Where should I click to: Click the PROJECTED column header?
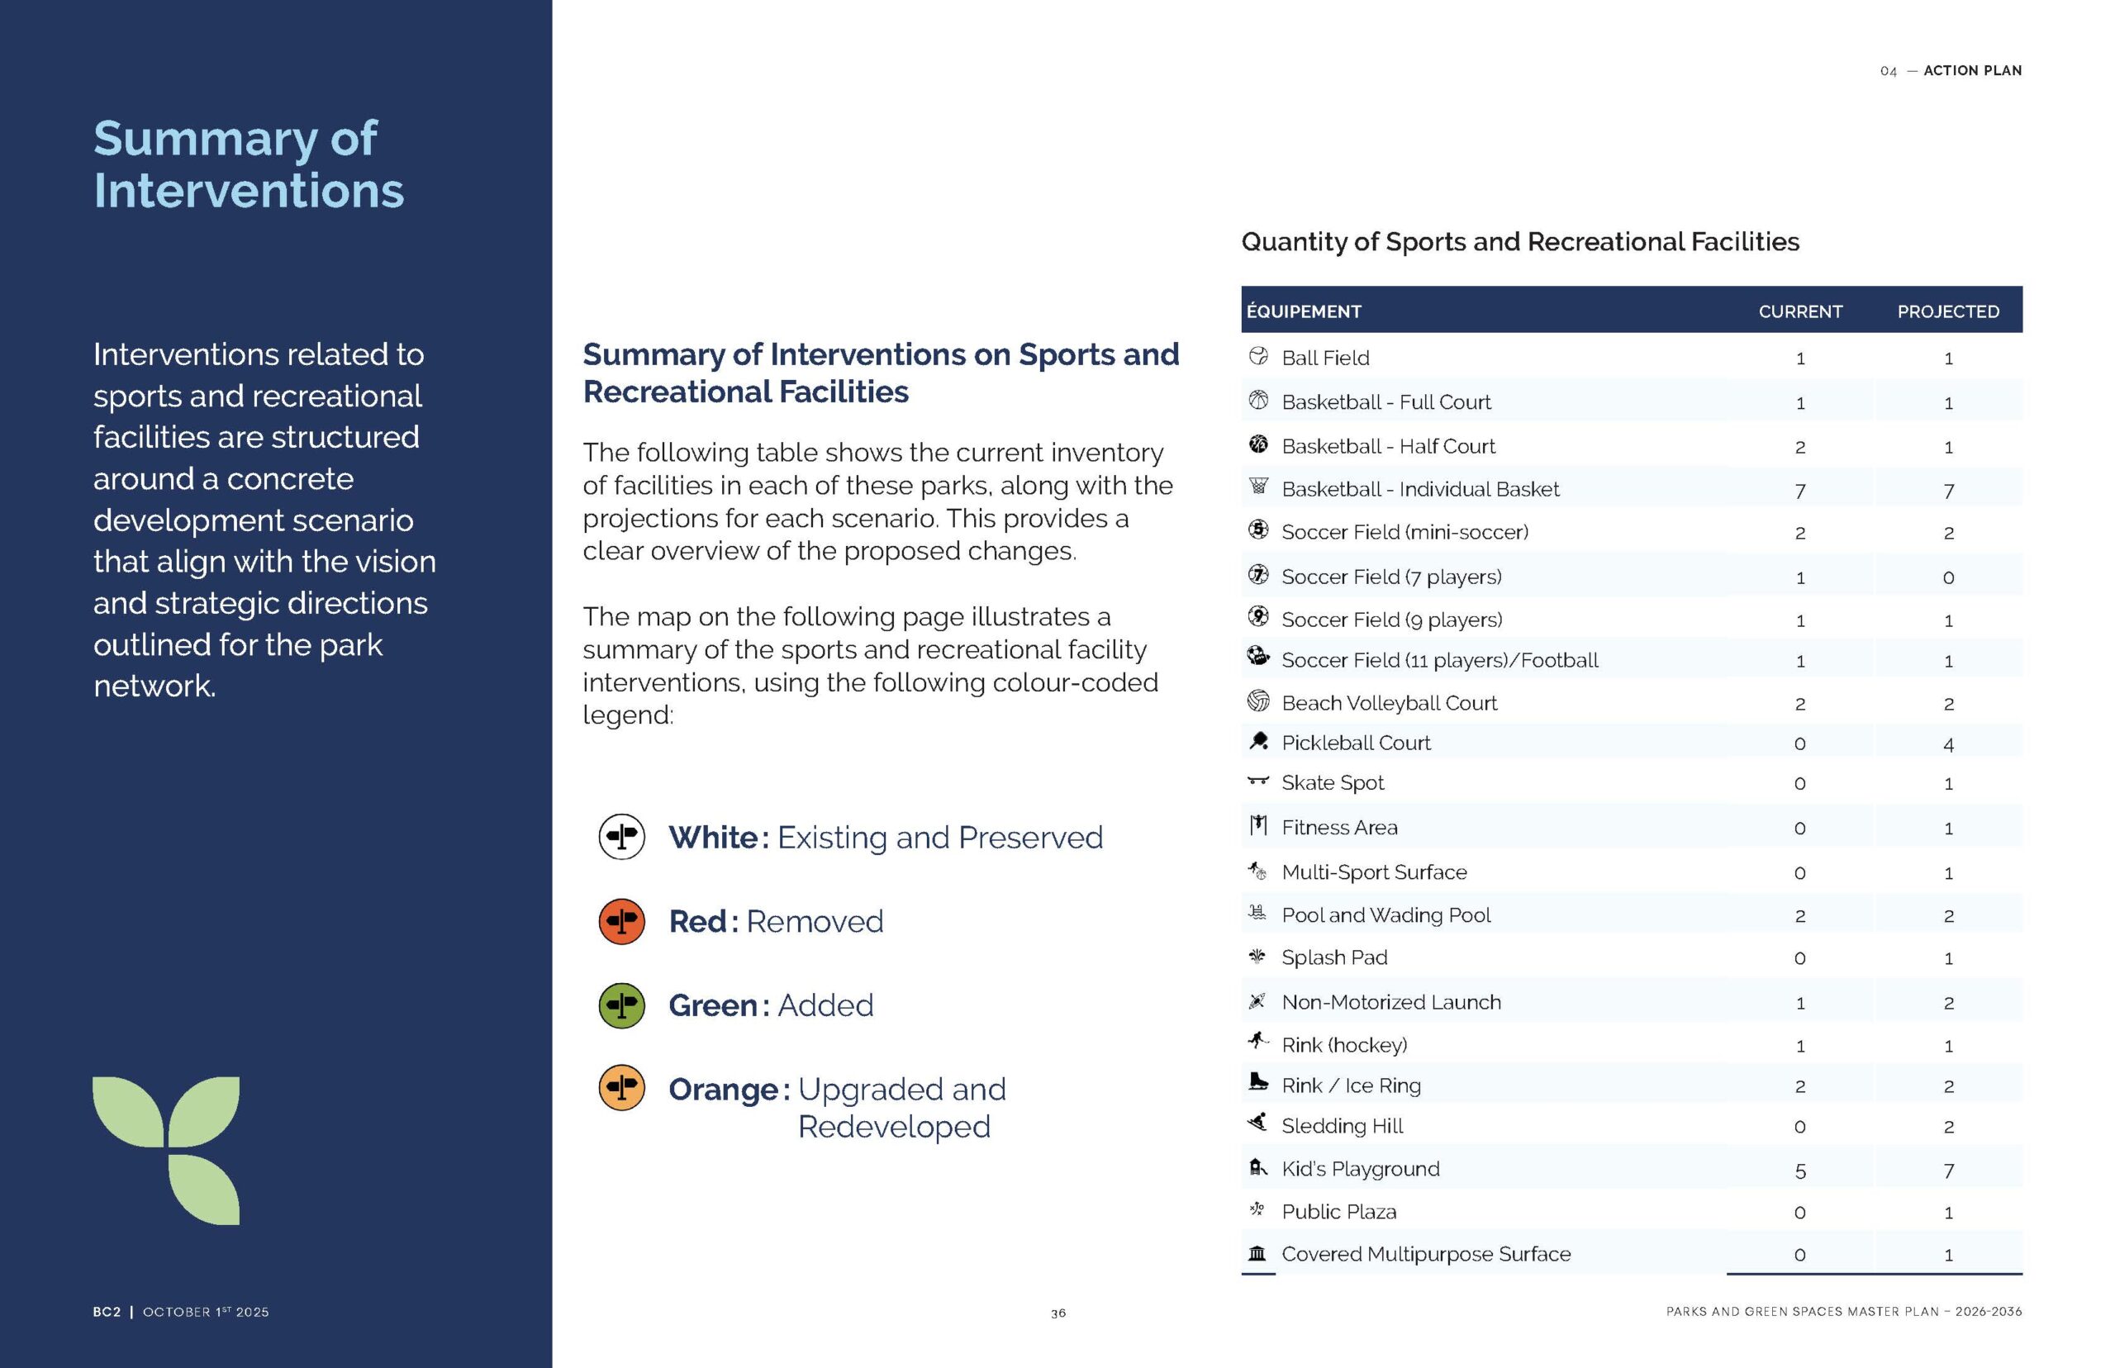coord(1947,311)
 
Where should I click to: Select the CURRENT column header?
coord(1799,311)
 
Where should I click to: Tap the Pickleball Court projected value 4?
coord(1948,744)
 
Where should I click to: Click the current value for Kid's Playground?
coord(1799,1171)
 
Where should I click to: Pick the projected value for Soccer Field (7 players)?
coord(1948,578)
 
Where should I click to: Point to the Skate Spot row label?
coord(1332,782)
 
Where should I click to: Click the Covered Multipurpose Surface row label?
coord(1425,1254)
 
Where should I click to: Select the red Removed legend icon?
coord(622,921)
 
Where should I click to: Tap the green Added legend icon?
coord(622,1005)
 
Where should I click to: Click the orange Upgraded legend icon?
coord(622,1088)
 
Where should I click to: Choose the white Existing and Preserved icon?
coord(622,837)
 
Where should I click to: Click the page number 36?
coord(1058,1313)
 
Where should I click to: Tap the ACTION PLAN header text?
coord(1972,71)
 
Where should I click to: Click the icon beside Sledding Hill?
coord(1257,1123)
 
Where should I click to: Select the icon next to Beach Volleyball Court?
coord(1257,701)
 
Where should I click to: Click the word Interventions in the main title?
coord(249,190)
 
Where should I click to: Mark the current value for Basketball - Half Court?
coord(1799,447)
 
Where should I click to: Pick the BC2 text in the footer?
coord(107,1312)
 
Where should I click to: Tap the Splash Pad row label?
coord(1333,957)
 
